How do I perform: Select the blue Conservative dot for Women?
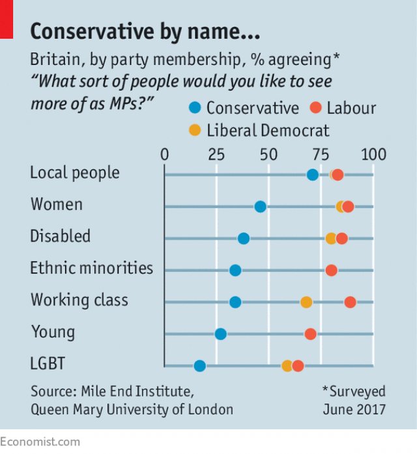260,206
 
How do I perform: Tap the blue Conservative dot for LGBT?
200,365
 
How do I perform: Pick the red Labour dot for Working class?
350,302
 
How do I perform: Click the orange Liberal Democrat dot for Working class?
306,302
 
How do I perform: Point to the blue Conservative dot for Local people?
313,175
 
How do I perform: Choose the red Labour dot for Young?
310,334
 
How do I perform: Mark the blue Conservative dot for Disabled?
244,238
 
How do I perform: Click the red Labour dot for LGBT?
298,365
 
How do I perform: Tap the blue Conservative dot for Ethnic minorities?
235,270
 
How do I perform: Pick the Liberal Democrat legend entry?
259,130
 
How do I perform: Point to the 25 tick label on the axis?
216,155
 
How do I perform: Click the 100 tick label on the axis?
373,155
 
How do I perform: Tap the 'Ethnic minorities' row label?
91,268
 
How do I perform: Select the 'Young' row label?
53,332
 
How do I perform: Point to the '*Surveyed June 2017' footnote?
354,401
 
